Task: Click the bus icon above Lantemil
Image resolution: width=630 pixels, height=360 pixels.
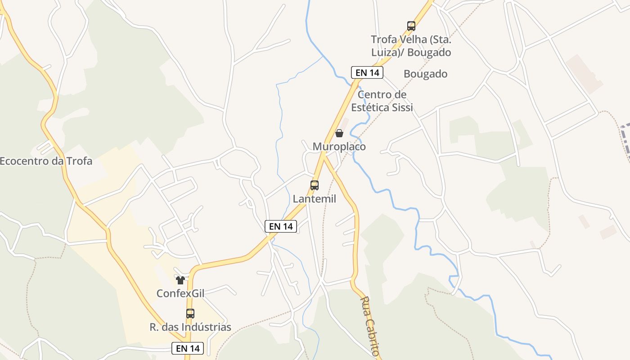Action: tap(315, 185)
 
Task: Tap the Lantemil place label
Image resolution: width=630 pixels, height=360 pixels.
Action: tap(315, 198)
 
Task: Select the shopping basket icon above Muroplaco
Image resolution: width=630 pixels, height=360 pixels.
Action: tap(339, 133)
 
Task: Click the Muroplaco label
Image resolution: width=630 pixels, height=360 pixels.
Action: tap(339, 147)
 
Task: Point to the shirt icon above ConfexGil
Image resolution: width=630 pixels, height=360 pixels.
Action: tap(180, 280)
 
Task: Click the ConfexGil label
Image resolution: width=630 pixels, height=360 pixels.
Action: tap(180, 293)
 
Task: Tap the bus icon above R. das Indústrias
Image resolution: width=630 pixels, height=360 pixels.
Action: tap(190, 314)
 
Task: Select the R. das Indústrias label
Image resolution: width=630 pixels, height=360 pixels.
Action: tap(190, 327)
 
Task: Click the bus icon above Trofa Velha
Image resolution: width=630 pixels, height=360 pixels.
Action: tap(411, 26)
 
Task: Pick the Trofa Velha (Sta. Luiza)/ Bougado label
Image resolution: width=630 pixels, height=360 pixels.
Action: tap(411, 46)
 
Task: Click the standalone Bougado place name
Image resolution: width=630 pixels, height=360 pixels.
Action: tap(426, 74)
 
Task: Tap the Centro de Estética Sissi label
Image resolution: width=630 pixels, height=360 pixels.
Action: tap(382, 101)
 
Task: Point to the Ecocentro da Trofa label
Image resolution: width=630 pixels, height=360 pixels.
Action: tap(46, 161)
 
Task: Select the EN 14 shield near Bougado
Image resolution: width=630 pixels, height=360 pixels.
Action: tap(367, 72)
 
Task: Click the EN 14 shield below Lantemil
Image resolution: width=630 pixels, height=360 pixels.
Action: tap(281, 226)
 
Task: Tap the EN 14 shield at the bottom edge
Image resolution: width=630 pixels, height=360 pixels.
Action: tap(188, 348)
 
